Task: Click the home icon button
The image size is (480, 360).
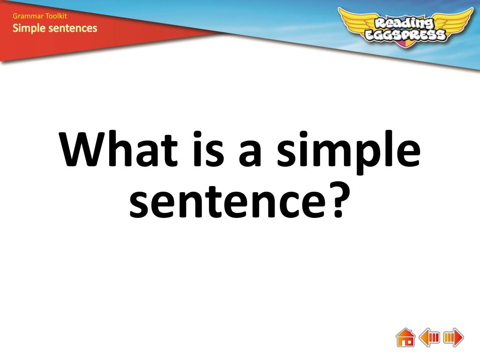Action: (x=405, y=337)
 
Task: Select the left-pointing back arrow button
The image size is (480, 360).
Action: (x=429, y=337)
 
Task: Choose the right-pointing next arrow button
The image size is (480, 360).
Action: (x=453, y=337)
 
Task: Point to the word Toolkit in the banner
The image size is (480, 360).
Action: (x=56, y=16)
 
